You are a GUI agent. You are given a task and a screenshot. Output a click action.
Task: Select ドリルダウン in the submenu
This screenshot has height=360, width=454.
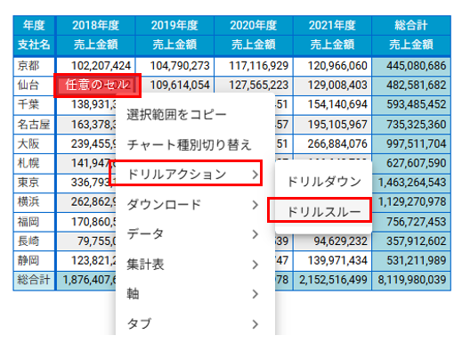(323, 181)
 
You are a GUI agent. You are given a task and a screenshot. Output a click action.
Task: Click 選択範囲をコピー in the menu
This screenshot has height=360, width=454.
(176, 114)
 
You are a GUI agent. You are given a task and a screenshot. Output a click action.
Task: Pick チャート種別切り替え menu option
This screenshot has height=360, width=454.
(189, 144)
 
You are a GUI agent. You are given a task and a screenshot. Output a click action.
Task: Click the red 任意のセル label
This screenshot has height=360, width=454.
(97, 85)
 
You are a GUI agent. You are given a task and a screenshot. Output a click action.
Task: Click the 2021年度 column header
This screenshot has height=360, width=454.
(332, 25)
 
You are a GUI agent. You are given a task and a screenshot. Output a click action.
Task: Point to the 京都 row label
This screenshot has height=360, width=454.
(28, 65)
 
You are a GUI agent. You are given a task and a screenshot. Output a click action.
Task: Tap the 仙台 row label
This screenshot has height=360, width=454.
(28, 85)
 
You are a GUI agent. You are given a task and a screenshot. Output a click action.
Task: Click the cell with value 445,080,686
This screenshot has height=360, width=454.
(410, 65)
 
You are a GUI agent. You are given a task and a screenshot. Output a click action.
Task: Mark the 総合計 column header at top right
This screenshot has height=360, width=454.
(410, 25)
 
